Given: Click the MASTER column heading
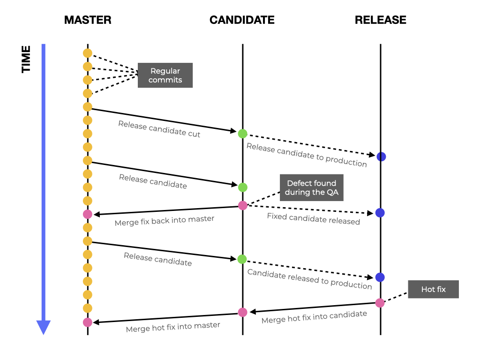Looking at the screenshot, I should click(x=88, y=20).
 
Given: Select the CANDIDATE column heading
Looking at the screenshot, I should click(x=242, y=20).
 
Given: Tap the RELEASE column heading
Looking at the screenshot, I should click(x=380, y=20).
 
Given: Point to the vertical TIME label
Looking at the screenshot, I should click(x=26, y=59).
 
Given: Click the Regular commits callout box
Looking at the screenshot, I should click(x=165, y=75).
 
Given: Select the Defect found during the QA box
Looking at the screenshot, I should click(x=311, y=187).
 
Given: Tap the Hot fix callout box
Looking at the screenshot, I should click(x=433, y=289).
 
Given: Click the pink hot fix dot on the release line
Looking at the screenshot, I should click(x=380, y=303).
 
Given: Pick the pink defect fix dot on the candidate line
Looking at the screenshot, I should click(x=242, y=205).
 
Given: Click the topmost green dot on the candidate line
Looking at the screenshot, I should click(x=242, y=134).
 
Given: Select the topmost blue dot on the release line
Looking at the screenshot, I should click(x=381, y=157).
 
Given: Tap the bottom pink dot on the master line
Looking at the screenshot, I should click(x=87, y=322).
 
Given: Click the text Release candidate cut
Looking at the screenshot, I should click(x=159, y=129).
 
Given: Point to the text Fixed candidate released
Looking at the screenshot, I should click(x=313, y=218).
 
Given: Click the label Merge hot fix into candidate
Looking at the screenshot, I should click(x=314, y=317).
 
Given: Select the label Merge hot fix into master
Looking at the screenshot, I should click(x=173, y=327).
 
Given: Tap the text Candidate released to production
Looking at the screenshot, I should click(x=309, y=279).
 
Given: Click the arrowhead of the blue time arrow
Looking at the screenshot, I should click(x=43, y=327).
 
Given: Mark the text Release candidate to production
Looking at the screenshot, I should click(x=307, y=155).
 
